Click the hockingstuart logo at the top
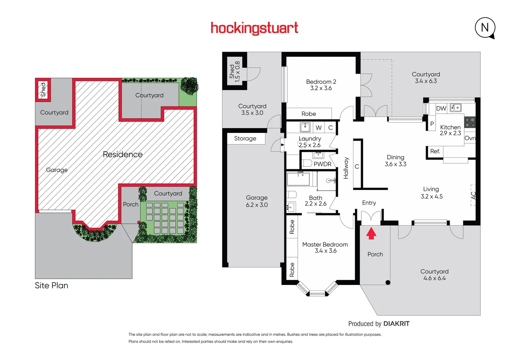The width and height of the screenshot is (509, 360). pyautogui.click(x=254, y=28)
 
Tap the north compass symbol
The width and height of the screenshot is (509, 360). pyautogui.click(x=485, y=28)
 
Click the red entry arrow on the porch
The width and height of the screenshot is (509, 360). pyautogui.click(x=371, y=233)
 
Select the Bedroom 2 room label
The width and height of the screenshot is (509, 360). pyautogui.click(x=321, y=82)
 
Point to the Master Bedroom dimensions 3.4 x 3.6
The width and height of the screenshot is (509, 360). pyautogui.click(x=326, y=251)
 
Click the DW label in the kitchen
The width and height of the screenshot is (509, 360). pyautogui.click(x=441, y=108)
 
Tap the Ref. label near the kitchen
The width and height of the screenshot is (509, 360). pyautogui.click(x=435, y=151)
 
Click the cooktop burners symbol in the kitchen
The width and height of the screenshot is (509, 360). pyautogui.click(x=470, y=122)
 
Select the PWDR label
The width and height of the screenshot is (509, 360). pyautogui.click(x=322, y=164)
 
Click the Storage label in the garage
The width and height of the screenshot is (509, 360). pyautogui.click(x=245, y=138)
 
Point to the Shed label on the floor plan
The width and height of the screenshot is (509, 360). pyautogui.click(x=232, y=71)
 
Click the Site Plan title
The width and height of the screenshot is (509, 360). pyautogui.click(x=51, y=286)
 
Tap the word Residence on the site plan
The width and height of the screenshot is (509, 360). pyautogui.click(x=122, y=154)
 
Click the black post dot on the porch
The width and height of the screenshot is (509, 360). pyautogui.click(x=388, y=282)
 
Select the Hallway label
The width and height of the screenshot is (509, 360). pyautogui.click(x=346, y=168)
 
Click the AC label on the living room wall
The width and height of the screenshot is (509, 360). pyautogui.click(x=473, y=195)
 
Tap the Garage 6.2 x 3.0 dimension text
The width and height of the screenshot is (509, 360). pyautogui.click(x=257, y=205)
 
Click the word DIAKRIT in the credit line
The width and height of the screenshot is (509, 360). pyautogui.click(x=396, y=324)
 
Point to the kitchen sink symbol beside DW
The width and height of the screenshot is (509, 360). pyautogui.click(x=456, y=108)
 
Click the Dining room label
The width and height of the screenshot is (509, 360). pyautogui.click(x=395, y=157)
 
